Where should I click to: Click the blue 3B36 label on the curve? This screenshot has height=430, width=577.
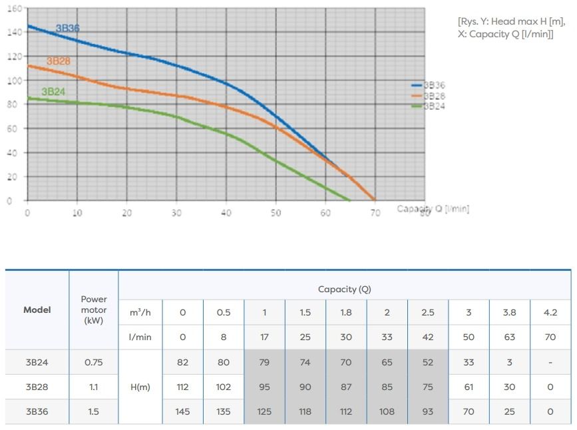point(67,28)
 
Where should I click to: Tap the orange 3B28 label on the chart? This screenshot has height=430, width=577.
point(58,61)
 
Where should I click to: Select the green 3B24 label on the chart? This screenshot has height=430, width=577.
point(53,91)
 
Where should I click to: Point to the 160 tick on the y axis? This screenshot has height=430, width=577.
point(14,9)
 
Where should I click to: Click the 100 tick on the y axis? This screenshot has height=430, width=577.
point(14,81)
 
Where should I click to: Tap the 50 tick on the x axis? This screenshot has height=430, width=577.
point(276,213)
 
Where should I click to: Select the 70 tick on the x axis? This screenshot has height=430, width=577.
point(375,213)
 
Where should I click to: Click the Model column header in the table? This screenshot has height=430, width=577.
point(37,310)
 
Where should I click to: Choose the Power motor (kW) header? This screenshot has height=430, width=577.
point(94,310)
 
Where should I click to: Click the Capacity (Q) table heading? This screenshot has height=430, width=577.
point(344,289)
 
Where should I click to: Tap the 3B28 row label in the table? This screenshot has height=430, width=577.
point(37,387)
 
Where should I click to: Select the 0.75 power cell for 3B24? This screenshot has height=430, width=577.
point(94,362)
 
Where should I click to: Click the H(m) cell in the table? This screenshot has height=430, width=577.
point(140,387)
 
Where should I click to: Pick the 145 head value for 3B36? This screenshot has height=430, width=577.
point(182,411)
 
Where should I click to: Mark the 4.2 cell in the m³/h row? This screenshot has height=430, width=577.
point(550,312)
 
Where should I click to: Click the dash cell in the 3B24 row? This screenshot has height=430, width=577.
point(550,362)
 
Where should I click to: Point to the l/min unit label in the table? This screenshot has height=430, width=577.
point(140,337)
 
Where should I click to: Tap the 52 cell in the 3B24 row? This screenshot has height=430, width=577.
point(427,362)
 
